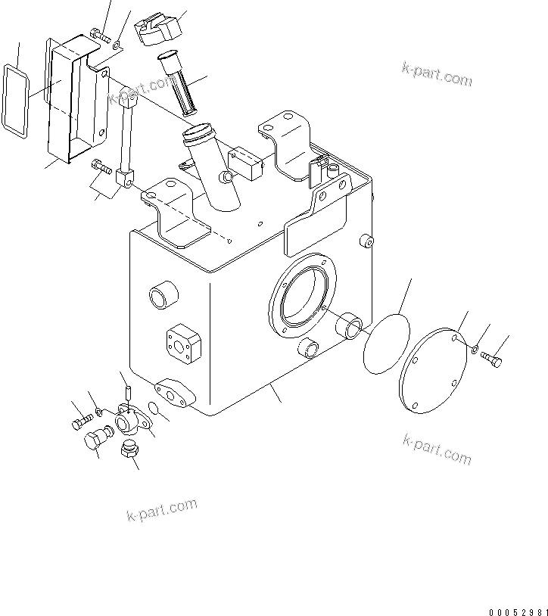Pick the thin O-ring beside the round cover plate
point(386,344)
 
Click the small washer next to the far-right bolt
point(472,349)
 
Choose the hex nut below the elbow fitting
point(129,452)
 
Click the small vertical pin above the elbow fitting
point(127,392)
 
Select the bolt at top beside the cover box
point(101,33)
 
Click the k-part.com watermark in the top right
point(437,75)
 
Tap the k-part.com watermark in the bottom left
point(161,511)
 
